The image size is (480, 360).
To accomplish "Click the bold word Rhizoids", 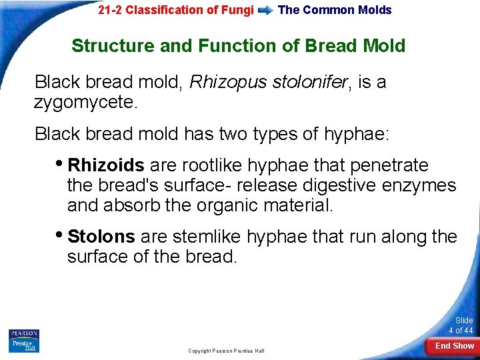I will click(x=106, y=165).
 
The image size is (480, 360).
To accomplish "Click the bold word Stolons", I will click(x=101, y=237).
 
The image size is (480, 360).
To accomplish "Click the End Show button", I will click(x=454, y=345).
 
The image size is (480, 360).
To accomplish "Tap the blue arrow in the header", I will click(x=265, y=10).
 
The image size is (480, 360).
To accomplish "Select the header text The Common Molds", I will click(x=335, y=10).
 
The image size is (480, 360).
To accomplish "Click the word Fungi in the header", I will click(x=238, y=10).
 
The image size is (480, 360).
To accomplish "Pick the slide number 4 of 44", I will click(x=460, y=325).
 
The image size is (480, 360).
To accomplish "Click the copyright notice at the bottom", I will click(x=226, y=351).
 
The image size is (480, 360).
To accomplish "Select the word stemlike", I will click(x=208, y=237).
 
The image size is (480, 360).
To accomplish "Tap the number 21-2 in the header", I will click(x=109, y=10).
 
